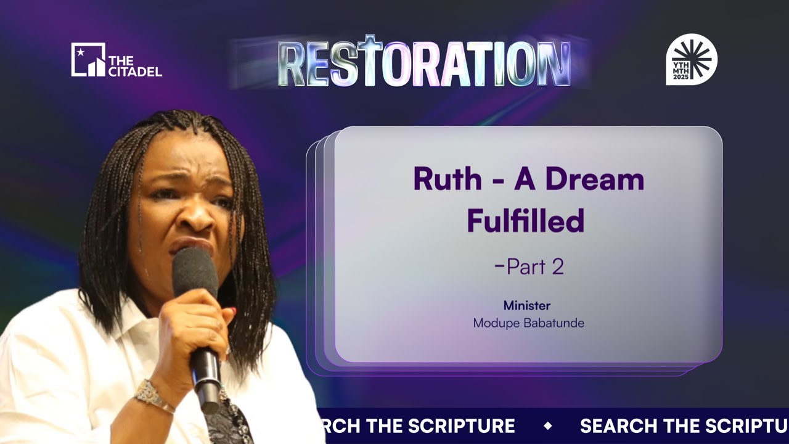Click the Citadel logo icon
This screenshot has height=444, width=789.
(88, 60)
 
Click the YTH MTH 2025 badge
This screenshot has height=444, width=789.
(692, 59)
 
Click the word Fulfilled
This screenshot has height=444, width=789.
(525, 221)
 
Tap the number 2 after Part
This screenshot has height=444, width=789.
(557, 266)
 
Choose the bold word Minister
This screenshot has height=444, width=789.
(527, 305)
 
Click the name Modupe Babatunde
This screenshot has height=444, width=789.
(528, 323)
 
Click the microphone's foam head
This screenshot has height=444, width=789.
(195, 272)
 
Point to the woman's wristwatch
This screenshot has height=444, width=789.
(151, 395)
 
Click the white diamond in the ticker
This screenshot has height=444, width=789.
(547, 426)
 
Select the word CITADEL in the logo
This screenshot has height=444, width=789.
(135, 72)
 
